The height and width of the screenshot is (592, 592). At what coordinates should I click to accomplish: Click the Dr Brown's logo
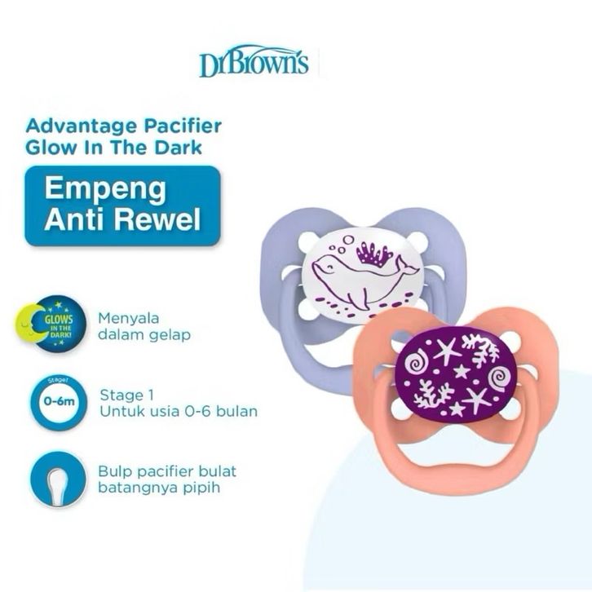pos(254,61)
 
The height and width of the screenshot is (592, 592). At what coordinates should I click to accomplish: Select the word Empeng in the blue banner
pos(104,188)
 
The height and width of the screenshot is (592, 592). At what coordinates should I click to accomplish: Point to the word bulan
pos(236,411)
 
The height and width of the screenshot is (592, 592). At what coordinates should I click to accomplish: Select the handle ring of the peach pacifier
pos(465,469)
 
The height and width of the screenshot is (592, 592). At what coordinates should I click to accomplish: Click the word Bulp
pos(113,471)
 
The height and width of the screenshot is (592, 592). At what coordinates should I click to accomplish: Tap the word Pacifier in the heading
pos(182,127)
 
